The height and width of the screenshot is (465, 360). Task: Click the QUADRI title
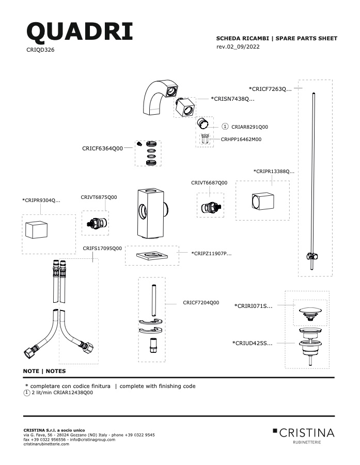click(x=80, y=32)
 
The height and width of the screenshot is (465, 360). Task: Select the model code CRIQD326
click(x=40, y=50)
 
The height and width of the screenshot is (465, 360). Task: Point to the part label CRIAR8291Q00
click(x=249, y=127)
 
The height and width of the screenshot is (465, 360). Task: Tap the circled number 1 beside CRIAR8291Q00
click(x=225, y=127)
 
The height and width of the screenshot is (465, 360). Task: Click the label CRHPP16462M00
click(x=241, y=139)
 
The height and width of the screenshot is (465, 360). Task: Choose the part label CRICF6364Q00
click(x=102, y=149)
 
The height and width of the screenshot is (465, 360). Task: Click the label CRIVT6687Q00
click(x=209, y=183)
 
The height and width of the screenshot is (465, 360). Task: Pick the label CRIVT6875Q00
click(x=99, y=197)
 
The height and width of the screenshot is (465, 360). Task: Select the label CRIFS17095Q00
click(x=102, y=249)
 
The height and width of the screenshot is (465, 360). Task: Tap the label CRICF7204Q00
click(x=201, y=303)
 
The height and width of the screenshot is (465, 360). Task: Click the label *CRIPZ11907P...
click(x=211, y=254)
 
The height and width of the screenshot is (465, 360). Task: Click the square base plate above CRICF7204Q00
click(x=152, y=255)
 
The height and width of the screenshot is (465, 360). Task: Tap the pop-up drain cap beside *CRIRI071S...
click(x=310, y=314)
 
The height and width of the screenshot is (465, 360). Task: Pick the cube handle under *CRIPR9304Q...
click(x=37, y=229)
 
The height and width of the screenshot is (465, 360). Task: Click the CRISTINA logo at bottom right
click(x=304, y=435)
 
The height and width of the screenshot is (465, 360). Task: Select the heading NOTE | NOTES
click(x=44, y=371)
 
